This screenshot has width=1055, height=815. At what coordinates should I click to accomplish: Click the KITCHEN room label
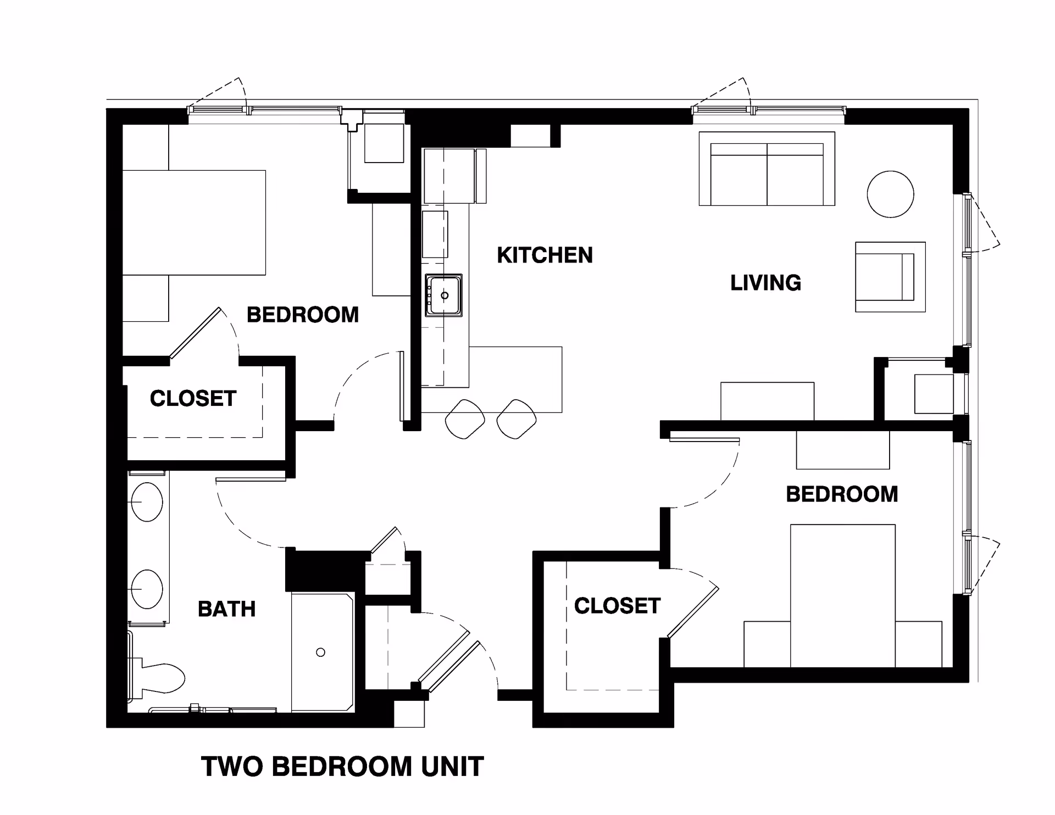(545, 255)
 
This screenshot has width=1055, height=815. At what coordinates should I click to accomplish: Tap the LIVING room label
(765, 283)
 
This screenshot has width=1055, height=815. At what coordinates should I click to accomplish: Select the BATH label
(226, 609)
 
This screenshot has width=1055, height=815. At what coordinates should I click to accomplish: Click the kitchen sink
(443, 295)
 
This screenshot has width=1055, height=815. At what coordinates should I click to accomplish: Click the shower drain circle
(321, 652)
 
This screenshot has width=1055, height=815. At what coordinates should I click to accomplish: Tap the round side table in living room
(890, 194)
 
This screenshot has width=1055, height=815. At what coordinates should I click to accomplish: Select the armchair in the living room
(890, 277)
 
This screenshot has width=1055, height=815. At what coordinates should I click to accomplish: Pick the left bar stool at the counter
(465, 419)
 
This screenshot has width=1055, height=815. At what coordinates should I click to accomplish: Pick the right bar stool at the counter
(516, 419)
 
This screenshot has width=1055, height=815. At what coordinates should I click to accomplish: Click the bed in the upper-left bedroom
(193, 222)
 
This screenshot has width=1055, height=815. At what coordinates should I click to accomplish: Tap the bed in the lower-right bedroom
(842, 596)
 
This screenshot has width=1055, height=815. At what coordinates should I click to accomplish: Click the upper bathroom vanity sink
(147, 502)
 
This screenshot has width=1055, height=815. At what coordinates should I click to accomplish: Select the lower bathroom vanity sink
(147, 589)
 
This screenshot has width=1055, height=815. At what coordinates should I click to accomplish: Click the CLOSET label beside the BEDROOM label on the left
(193, 399)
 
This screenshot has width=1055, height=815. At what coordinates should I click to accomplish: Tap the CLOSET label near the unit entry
(617, 606)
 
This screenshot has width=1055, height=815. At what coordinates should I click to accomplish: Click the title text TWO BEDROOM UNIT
(342, 767)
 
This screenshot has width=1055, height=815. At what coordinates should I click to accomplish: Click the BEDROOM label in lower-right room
(842, 494)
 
